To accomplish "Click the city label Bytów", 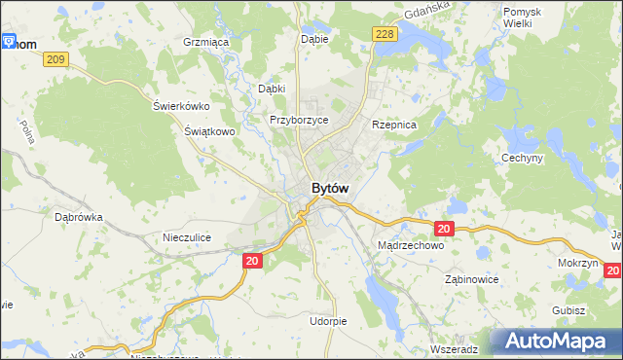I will [330, 188].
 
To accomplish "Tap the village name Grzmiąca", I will [205, 43].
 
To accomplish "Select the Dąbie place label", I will [315, 39].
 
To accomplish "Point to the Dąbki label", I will [271, 89].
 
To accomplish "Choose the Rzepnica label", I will [394, 126].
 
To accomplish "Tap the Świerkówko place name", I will [182, 106].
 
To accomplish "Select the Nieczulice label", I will [187, 237].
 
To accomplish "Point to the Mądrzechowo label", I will [410, 246].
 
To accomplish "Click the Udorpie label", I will [328, 320].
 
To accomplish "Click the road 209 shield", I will [55, 60].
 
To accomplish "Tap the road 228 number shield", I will [385, 35].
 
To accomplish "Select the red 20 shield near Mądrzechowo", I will [444, 229].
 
